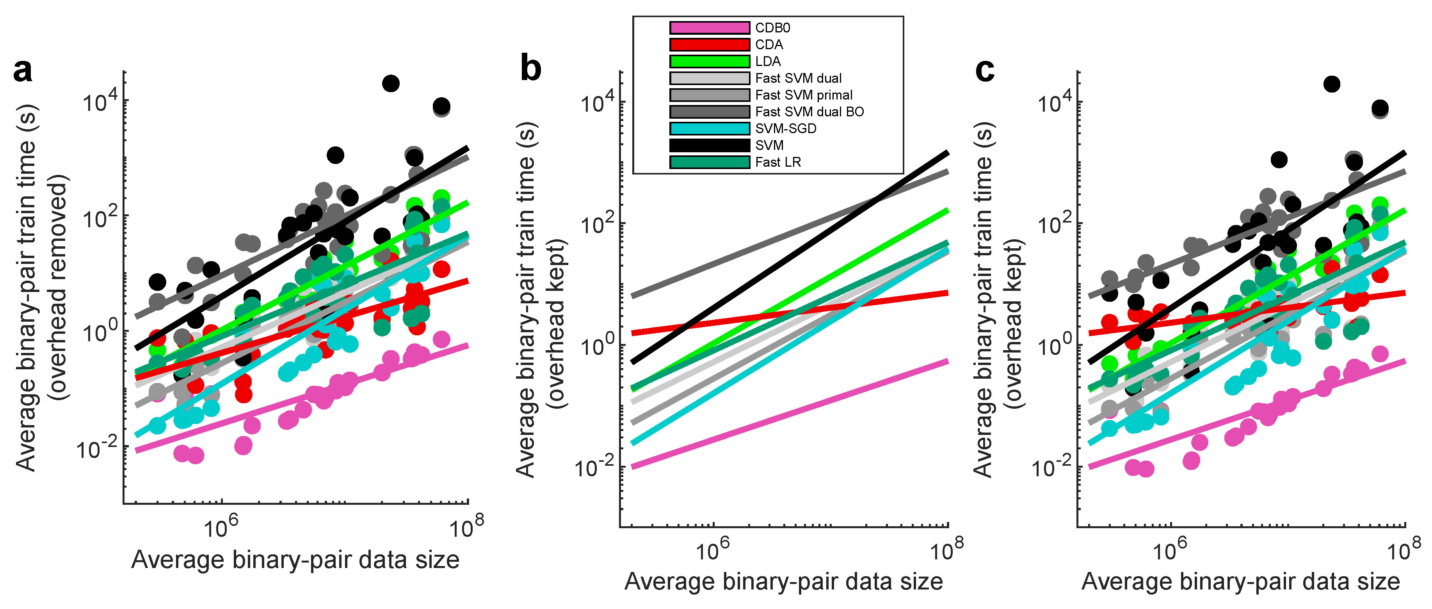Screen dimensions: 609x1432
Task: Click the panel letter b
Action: click(x=530, y=69)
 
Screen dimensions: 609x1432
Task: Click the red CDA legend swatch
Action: click(x=709, y=45)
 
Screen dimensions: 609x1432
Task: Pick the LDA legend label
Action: click(x=768, y=61)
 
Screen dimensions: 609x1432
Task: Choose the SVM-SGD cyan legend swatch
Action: click(x=709, y=128)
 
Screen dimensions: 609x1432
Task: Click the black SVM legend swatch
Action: click(x=709, y=145)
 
